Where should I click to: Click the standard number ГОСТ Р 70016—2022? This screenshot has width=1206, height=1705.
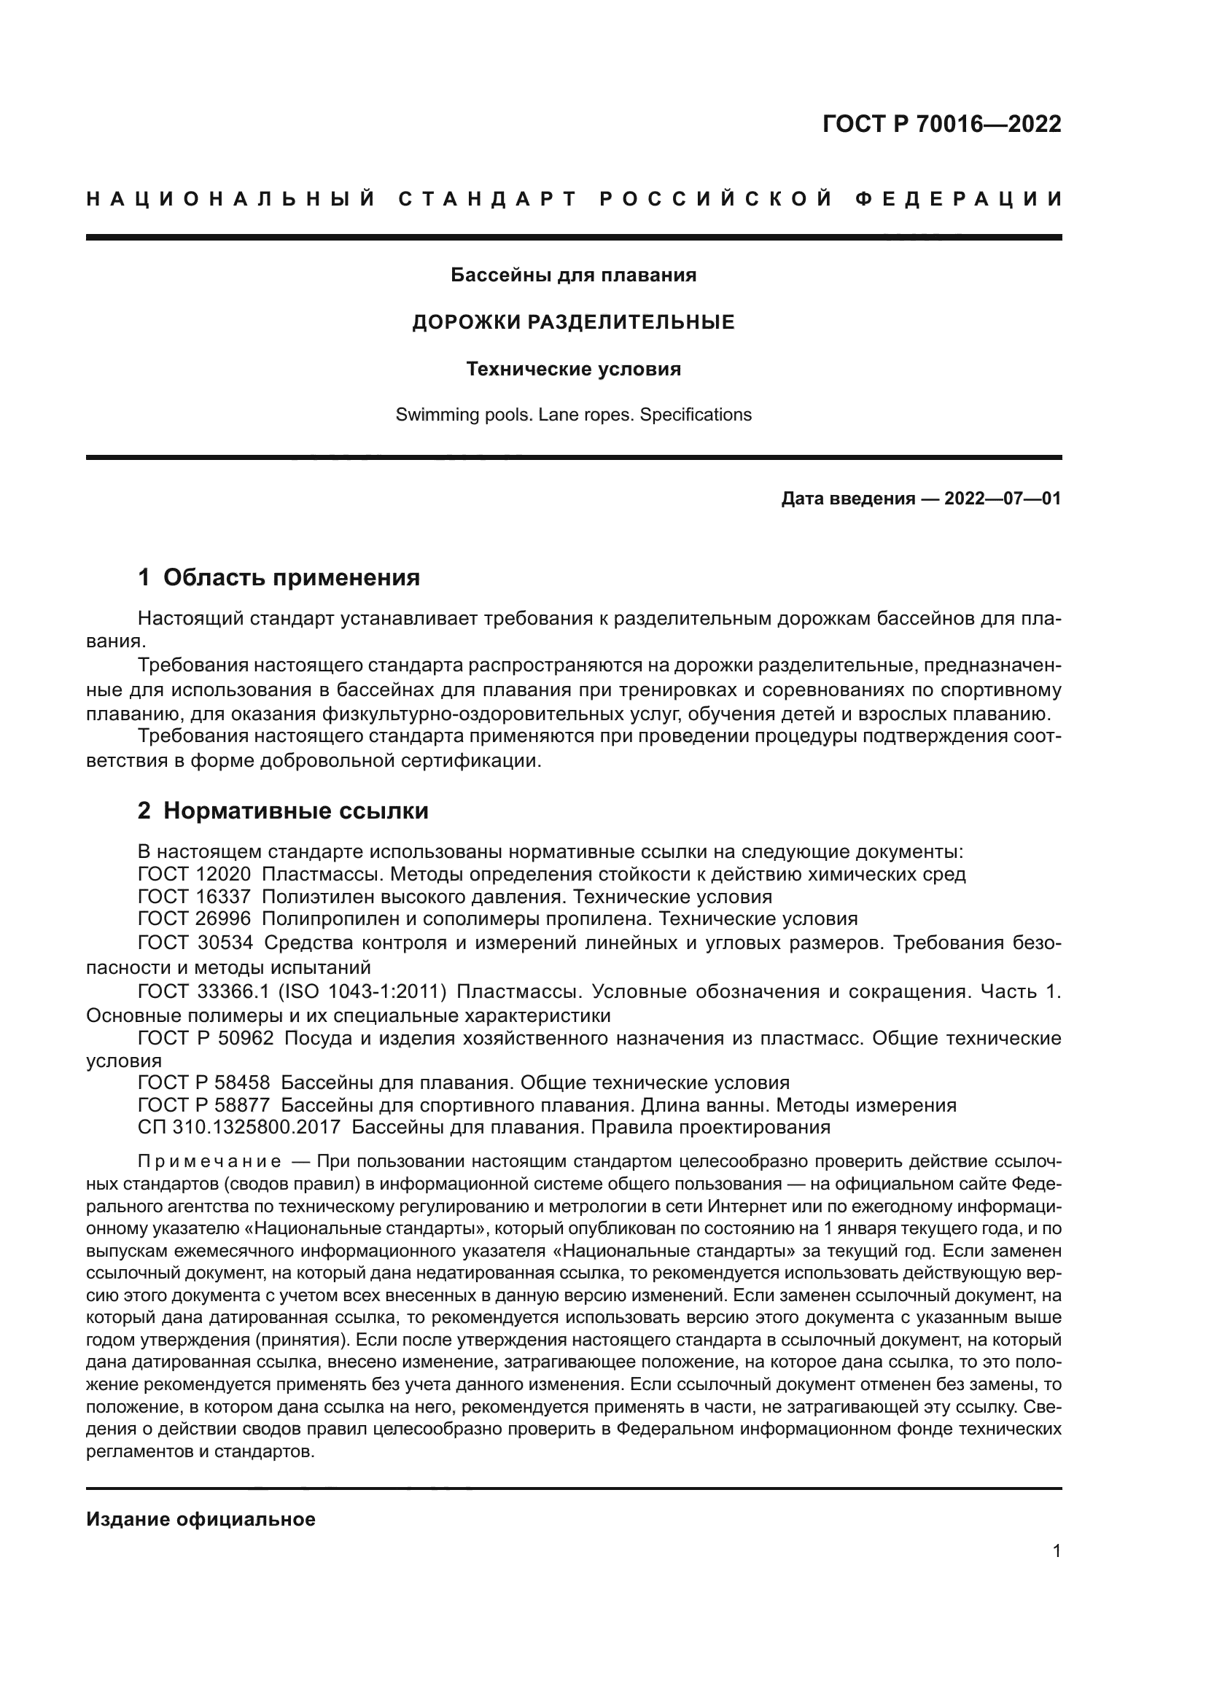tap(941, 124)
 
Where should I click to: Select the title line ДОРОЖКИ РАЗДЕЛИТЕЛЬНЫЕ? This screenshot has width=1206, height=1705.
tap(573, 322)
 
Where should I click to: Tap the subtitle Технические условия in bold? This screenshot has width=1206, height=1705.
tap(573, 369)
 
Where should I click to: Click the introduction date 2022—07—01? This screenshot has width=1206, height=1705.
tap(1003, 499)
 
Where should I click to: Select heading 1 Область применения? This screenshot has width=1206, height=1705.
tap(279, 577)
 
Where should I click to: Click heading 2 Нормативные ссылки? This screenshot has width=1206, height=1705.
tap(283, 811)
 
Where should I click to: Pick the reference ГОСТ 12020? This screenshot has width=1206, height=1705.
tap(194, 874)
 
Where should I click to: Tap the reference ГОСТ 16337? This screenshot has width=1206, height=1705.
tap(194, 897)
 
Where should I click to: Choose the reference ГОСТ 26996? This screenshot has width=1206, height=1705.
tap(194, 919)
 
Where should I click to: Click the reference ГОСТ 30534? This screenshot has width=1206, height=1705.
tap(195, 943)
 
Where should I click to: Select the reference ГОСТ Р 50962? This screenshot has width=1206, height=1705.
tap(206, 1038)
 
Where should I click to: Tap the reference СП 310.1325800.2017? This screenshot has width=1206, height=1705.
tap(238, 1127)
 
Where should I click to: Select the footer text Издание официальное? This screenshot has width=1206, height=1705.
tap(201, 1519)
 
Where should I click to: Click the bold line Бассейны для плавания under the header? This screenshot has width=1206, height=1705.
tap(573, 276)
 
